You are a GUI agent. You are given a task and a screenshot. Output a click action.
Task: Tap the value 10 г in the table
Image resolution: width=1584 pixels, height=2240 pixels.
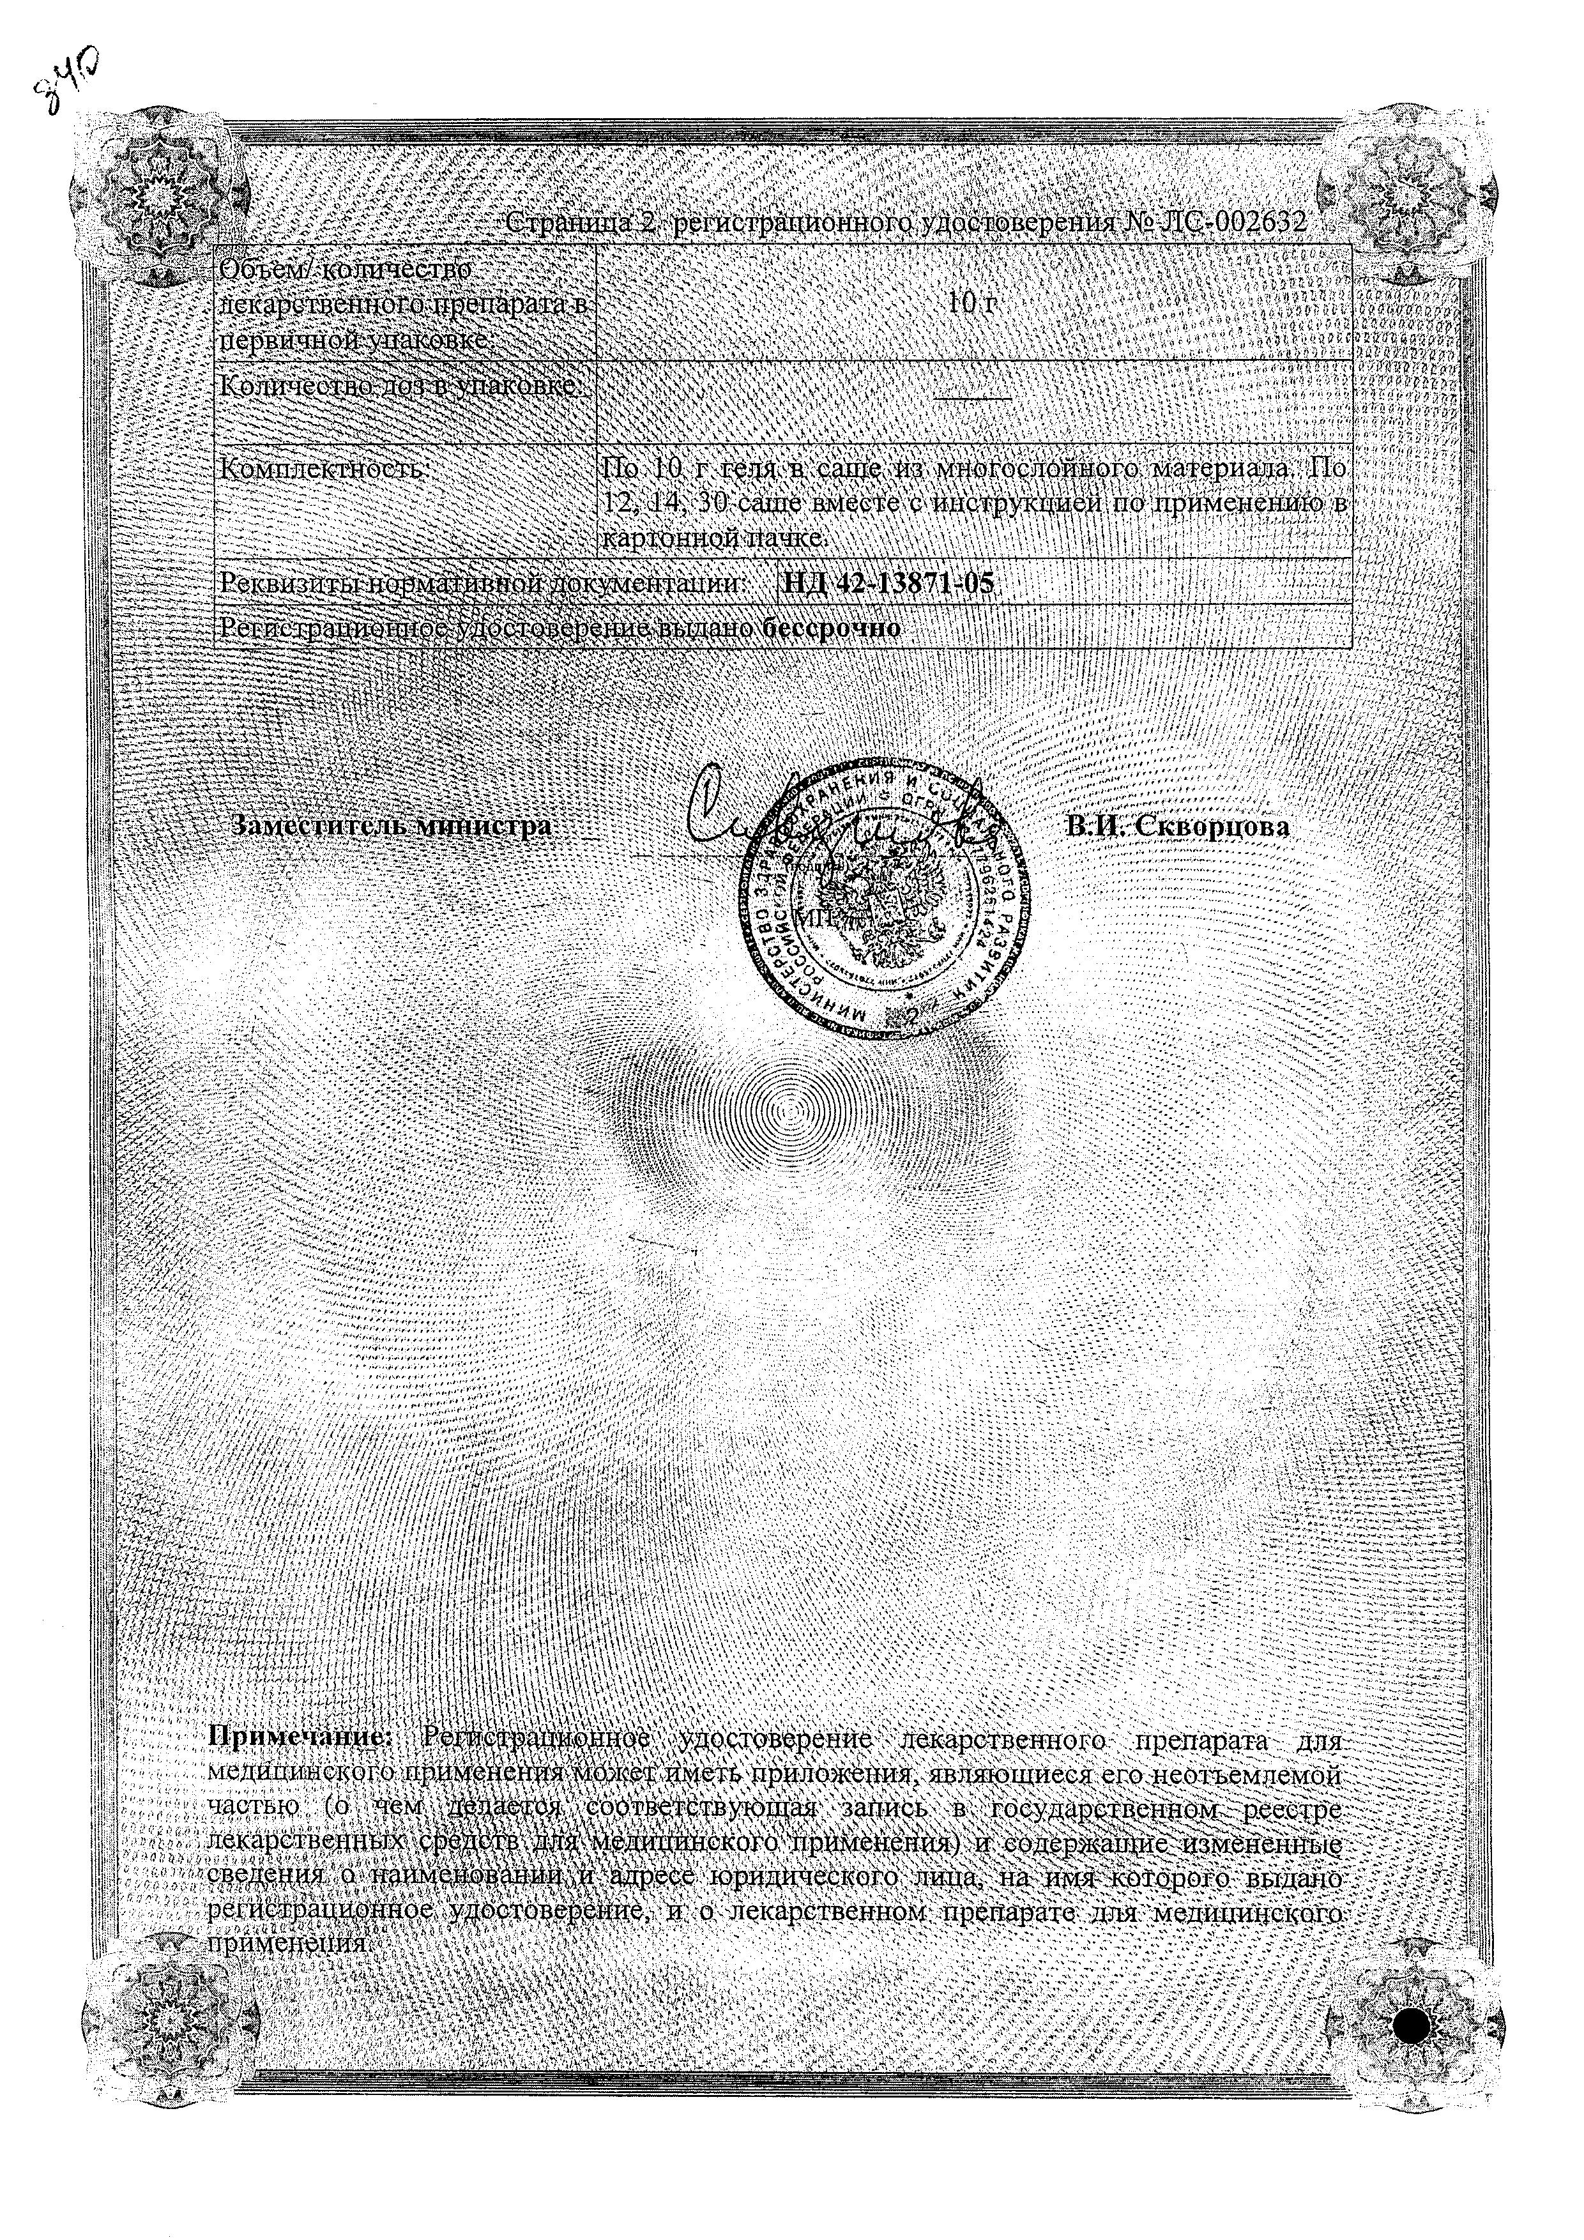click(973, 303)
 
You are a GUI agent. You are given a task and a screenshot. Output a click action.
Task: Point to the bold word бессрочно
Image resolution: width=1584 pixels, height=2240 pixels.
click(831, 629)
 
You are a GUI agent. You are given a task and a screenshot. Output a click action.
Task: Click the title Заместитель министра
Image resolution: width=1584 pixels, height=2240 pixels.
click(391, 825)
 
